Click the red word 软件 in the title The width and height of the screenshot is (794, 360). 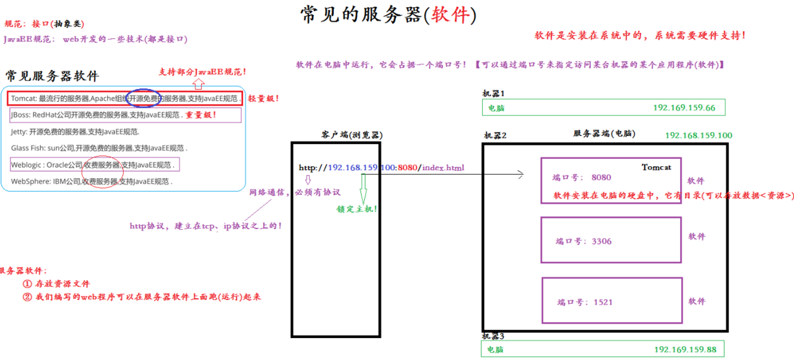coord(451,15)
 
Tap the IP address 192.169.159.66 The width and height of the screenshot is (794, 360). coord(684,108)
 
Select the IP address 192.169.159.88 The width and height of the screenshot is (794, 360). coord(685,350)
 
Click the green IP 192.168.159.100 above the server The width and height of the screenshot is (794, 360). coord(698,135)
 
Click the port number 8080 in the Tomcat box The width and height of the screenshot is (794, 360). coord(601,178)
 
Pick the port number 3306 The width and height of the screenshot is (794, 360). coord(601,241)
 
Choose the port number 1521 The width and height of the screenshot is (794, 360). coord(603,302)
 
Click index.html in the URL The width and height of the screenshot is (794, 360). coord(444,167)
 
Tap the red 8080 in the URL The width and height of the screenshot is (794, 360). coord(408,167)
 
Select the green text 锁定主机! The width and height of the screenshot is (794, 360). coord(357,209)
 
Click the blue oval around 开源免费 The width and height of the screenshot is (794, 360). coord(143,98)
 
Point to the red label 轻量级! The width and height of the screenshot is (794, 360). coord(263,99)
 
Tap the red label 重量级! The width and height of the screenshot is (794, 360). coord(200,115)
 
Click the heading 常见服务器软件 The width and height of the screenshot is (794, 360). coord(52,76)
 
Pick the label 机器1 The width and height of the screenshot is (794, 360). coord(493,94)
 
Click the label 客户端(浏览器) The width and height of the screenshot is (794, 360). coord(352,135)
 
